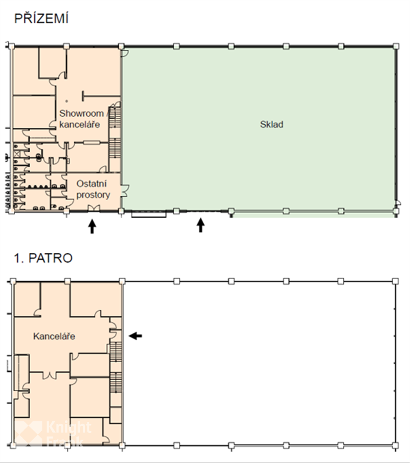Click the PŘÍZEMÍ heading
point(41,18)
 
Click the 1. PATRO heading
point(43,258)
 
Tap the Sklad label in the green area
point(272,124)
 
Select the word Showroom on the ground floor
point(81,113)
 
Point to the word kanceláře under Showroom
point(79,124)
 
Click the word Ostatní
point(91,183)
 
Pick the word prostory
point(93,195)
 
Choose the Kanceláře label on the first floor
point(54,336)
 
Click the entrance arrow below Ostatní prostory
point(92,226)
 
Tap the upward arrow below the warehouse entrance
point(201,225)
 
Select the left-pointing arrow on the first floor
point(136,336)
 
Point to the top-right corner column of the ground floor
point(396,46)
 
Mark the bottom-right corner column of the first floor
point(396,445)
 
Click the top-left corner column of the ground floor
point(12,46)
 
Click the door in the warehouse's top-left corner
point(125,53)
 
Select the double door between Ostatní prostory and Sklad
point(125,191)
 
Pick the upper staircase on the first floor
point(116,351)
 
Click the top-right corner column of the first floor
point(396,281)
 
